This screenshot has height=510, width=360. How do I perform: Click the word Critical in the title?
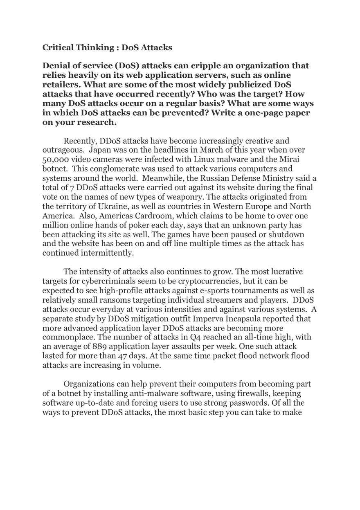pyautogui.click(x=58, y=47)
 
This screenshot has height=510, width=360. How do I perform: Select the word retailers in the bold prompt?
pyautogui.click(x=60, y=85)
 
